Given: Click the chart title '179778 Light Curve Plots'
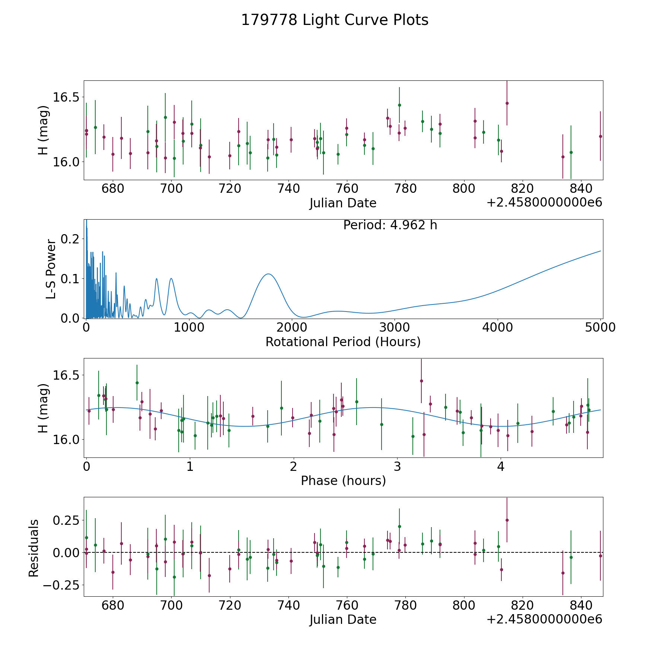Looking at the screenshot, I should click(335, 20).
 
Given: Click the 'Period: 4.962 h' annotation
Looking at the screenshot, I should click(390, 225).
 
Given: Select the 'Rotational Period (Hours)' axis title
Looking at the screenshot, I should click(343, 342).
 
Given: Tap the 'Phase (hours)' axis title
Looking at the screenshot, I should click(343, 481).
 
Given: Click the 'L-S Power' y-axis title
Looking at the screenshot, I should click(51, 269).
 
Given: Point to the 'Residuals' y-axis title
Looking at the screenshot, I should click(34, 548).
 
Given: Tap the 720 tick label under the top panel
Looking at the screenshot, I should click(230, 189).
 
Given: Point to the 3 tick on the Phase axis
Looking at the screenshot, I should click(398, 466).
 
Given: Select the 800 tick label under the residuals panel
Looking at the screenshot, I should click(464, 605).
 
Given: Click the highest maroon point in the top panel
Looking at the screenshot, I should click(507, 103).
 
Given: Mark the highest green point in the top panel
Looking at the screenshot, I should click(399, 105).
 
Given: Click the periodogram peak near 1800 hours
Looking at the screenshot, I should click(268, 274).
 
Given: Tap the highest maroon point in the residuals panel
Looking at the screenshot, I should click(507, 520).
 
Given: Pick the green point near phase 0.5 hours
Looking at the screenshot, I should click(137, 383).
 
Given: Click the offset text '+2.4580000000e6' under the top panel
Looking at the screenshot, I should click(544, 202).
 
